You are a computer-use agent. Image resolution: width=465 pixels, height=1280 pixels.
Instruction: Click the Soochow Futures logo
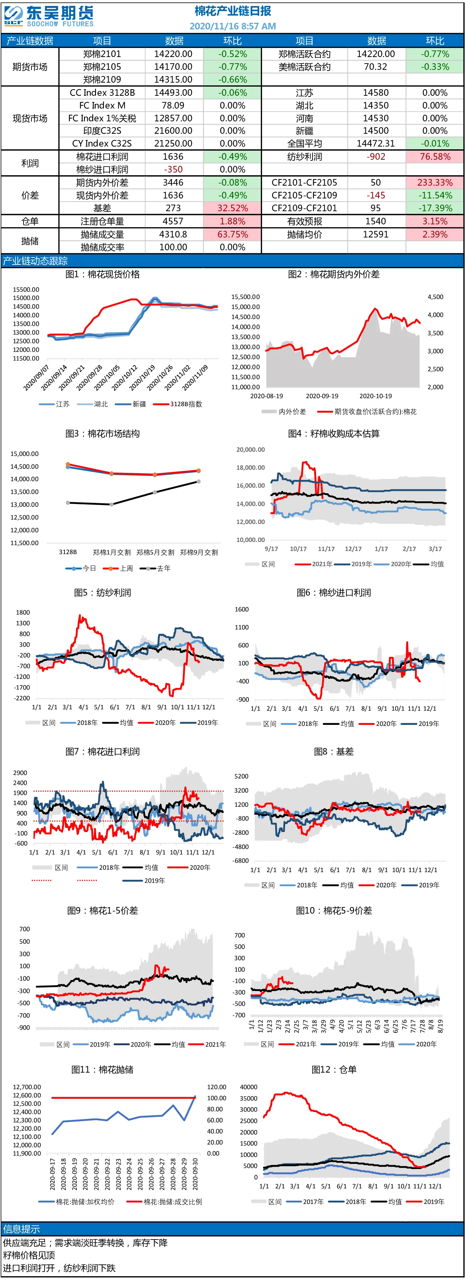[x=48, y=16]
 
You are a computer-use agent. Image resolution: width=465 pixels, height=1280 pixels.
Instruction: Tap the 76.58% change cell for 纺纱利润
[x=435, y=157]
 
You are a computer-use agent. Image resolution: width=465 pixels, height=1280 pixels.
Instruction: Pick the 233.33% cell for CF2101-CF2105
[x=435, y=183]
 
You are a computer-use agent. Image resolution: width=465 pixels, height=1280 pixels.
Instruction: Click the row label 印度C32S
[x=102, y=131]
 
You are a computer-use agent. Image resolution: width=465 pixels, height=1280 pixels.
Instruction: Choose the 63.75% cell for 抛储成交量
[x=232, y=234]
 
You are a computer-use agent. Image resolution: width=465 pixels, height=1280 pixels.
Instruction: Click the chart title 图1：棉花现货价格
[x=102, y=274]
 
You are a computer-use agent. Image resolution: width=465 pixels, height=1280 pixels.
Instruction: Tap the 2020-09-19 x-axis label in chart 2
[x=322, y=396]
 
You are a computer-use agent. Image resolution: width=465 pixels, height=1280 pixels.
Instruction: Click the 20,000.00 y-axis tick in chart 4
[x=250, y=450]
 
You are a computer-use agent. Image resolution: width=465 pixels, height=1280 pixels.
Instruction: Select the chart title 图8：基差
[x=334, y=751]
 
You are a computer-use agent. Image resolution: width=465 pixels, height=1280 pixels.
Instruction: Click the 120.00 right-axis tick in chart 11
[x=217, y=1087]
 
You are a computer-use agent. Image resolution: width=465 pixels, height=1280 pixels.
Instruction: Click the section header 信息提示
[x=21, y=1229]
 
